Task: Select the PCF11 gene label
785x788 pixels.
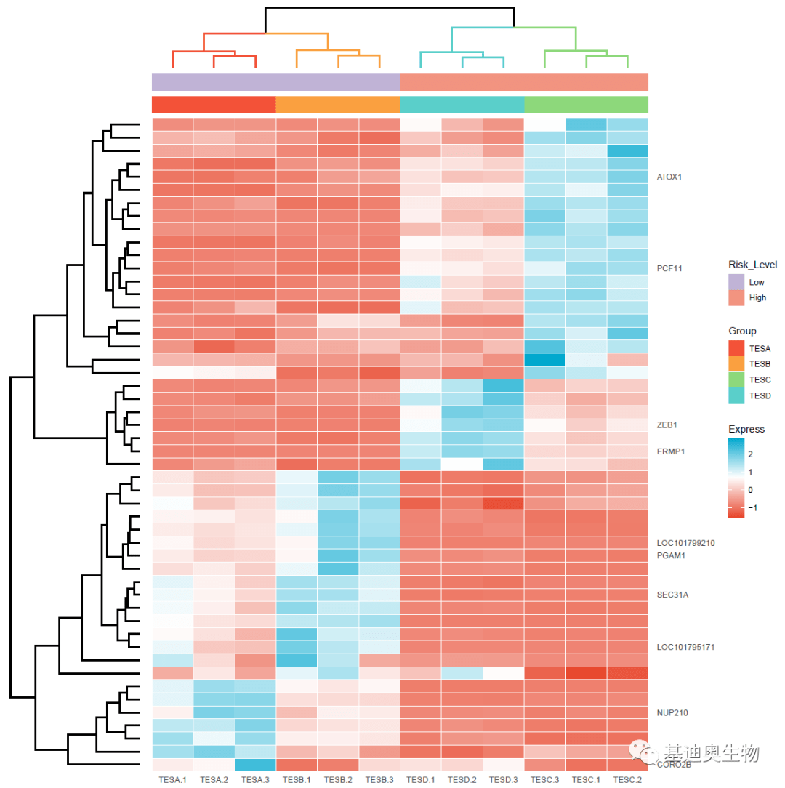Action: point(669,268)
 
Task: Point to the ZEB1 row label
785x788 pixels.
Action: point(667,425)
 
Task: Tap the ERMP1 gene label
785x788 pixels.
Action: point(671,451)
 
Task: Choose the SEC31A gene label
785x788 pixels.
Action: point(672,595)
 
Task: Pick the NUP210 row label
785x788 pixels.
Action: point(672,713)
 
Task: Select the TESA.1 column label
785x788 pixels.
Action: point(173,780)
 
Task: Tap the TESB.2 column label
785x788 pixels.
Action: point(338,780)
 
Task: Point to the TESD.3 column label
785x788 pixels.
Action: point(503,780)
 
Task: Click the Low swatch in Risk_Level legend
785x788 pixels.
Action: point(736,282)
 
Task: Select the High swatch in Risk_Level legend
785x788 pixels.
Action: point(736,297)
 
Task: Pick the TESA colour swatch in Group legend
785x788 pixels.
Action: point(736,348)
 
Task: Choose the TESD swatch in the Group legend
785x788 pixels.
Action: point(736,395)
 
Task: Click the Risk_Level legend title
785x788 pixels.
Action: point(752,265)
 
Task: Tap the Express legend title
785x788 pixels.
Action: point(746,429)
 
